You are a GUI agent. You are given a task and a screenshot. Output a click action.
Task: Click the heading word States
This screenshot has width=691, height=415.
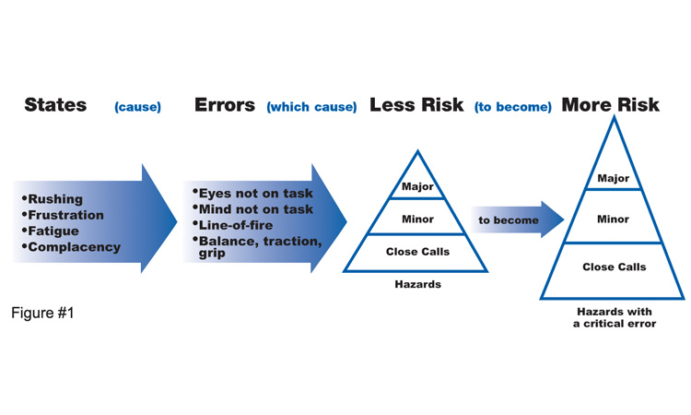pyautogui.click(x=55, y=105)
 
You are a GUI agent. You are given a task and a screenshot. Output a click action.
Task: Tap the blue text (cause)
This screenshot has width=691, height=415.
pyautogui.click(x=137, y=107)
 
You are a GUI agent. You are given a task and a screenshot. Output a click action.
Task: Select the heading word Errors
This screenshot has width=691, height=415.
pyautogui.click(x=225, y=105)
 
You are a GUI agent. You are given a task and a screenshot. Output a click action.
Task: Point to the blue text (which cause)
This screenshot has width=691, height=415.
pyautogui.click(x=311, y=107)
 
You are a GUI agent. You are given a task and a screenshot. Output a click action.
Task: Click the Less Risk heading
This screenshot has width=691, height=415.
pyautogui.click(x=416, y=105)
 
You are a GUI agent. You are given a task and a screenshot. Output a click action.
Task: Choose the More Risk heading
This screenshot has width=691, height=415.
pyautogui.click(x=610, y=105)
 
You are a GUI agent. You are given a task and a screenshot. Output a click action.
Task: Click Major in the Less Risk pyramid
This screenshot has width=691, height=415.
pyautogui.click(x=417, y=186)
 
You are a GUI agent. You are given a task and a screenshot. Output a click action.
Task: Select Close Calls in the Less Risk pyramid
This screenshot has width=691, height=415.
pyautogui.click(x=417, y=252)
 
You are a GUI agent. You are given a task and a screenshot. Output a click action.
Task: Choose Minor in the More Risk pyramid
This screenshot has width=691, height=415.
pyautogui.click(x=613, y=219)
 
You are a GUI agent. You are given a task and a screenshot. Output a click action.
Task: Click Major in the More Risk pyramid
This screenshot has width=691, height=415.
pyautogui.click(x=613, y=179)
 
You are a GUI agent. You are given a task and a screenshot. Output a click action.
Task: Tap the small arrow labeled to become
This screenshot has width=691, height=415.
pyautogui.click(x=518, y=219)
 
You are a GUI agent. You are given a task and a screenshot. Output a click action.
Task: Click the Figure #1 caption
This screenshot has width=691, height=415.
pyautogui.click(x=42, y=313)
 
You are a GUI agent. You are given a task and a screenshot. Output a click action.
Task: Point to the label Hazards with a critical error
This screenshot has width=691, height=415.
pyautogui.click(x=615, y=317)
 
